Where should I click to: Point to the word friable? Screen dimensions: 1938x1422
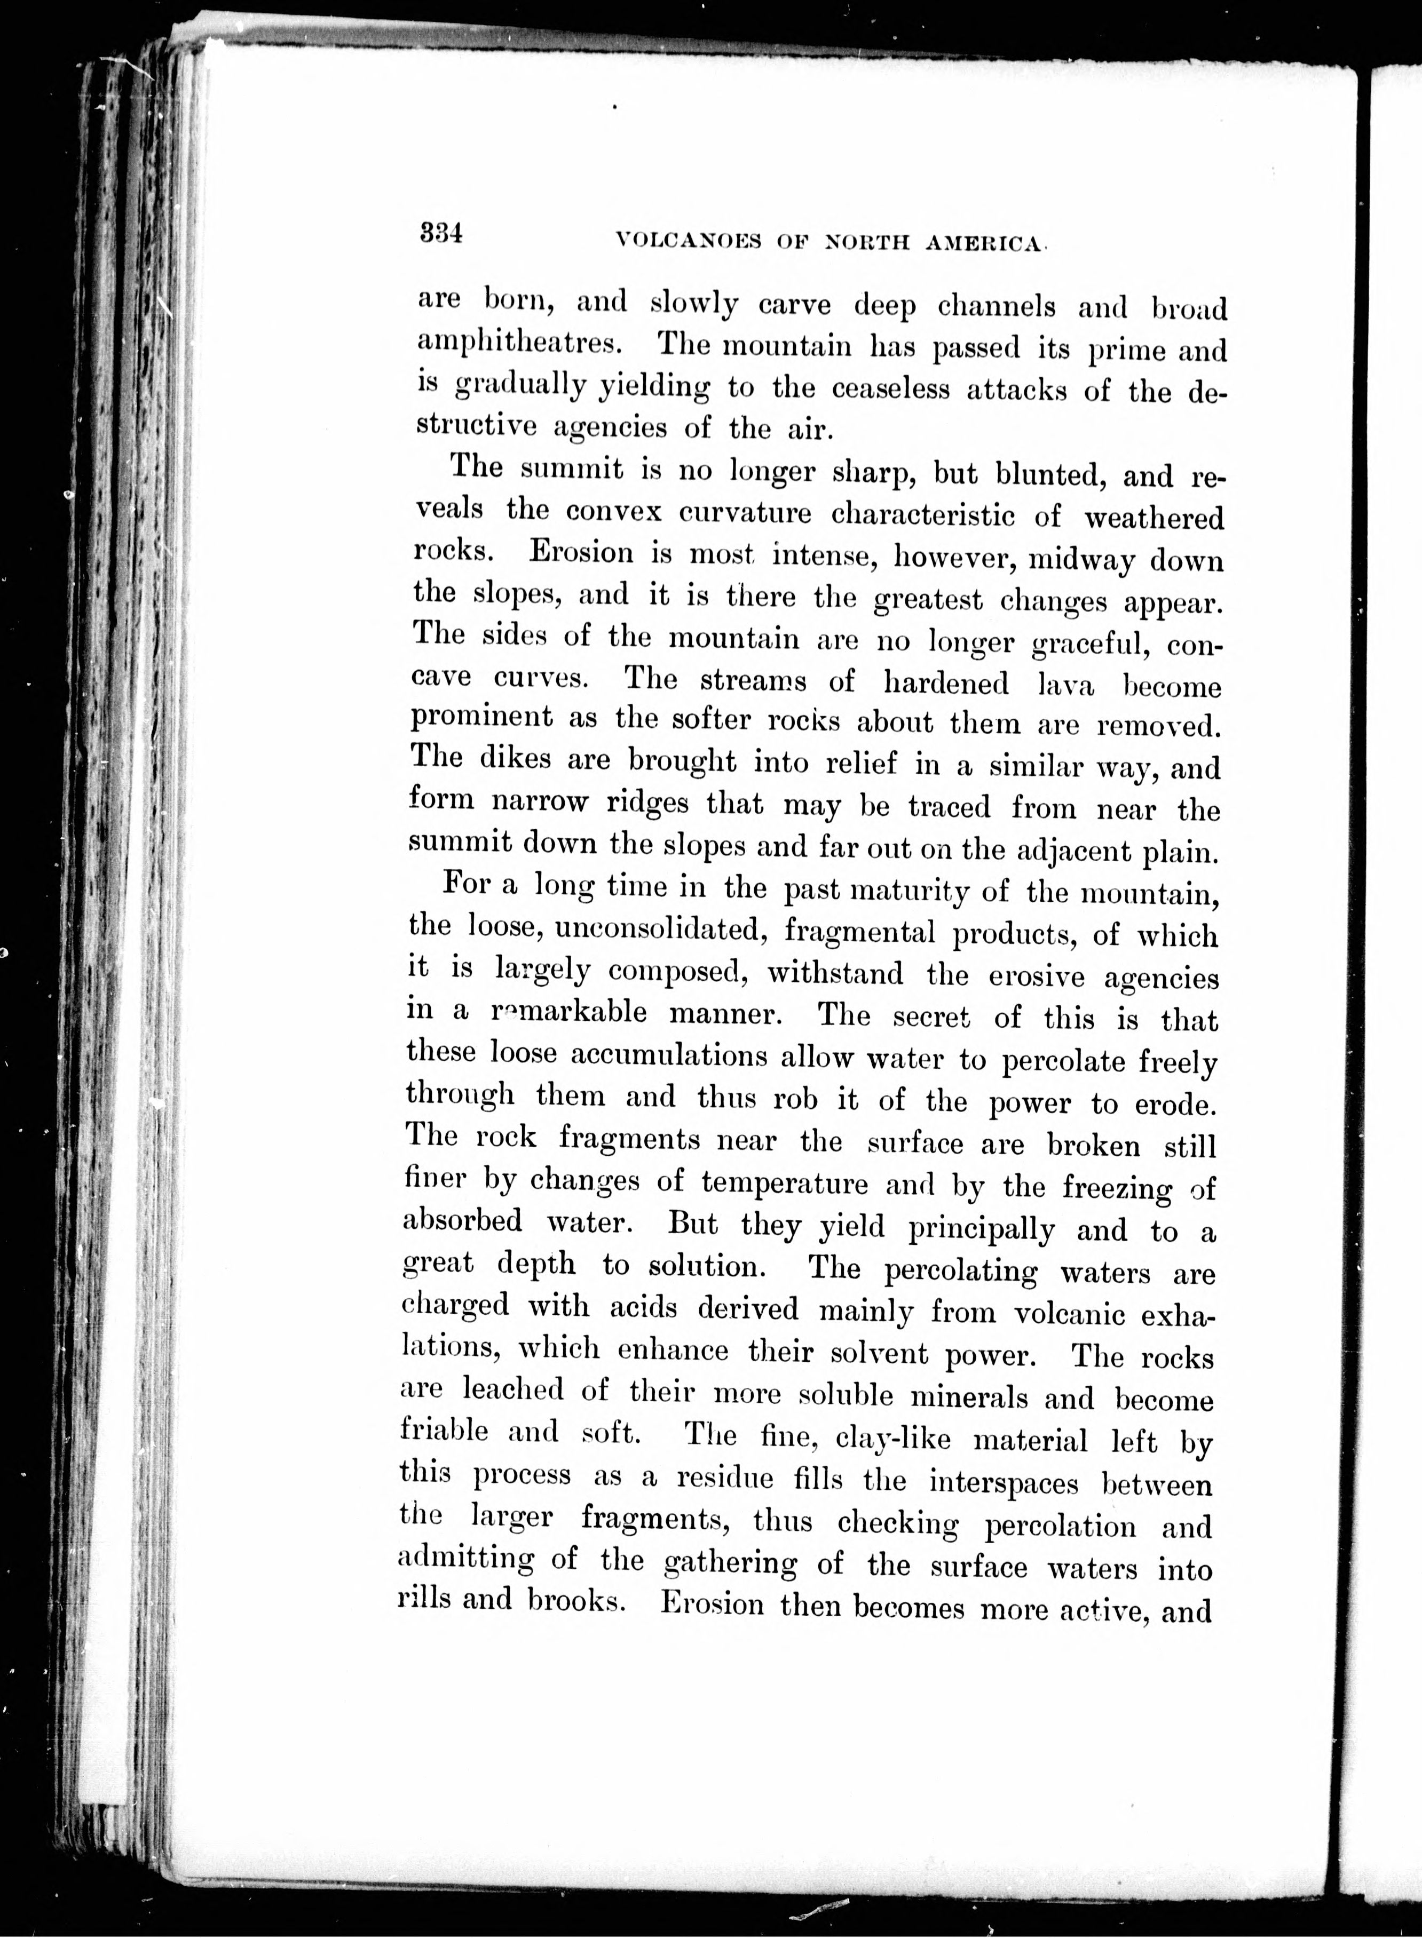coord(444,1430)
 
